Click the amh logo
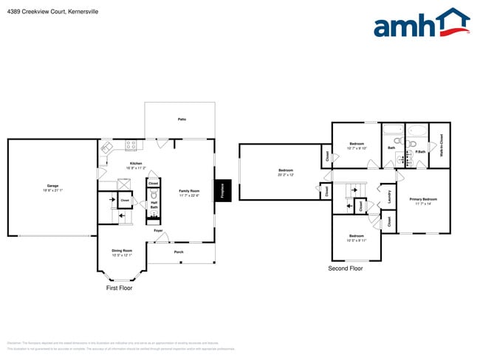pos(420,24)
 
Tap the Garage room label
pos(52,186)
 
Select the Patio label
pos(181,119)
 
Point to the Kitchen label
pos(136,164)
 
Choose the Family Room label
pos(190,191)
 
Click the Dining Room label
pos(122,252)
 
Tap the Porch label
pos(179,252)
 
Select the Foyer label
pos(158,231)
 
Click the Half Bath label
pos(154,205)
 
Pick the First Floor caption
pos(123,288)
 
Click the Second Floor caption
pos(346,269)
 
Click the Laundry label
pos(389,196)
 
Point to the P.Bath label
pos(419,152)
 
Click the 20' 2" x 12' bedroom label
pos(286,173)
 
